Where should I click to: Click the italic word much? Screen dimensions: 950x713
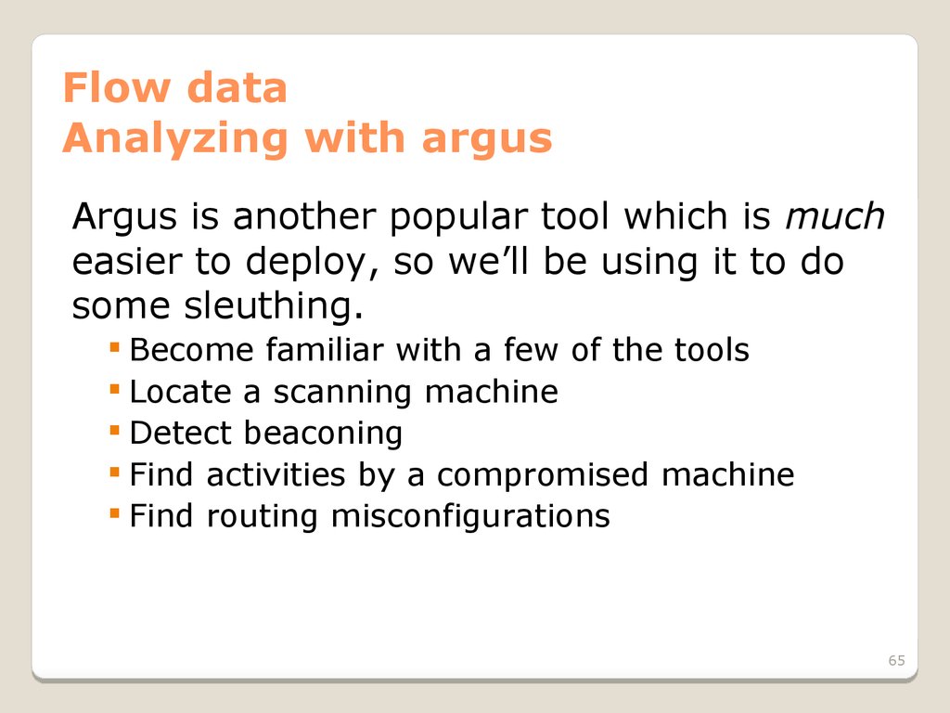point(834,215)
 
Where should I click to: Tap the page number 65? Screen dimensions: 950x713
point(897,660)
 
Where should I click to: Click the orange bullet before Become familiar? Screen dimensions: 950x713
point(114,347)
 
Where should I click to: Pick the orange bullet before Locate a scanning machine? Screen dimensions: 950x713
point(114,389)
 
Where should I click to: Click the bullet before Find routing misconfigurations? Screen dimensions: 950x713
point(114,513)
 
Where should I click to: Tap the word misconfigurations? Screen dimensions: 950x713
point(470,516)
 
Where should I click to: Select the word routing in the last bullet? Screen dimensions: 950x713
point(262,517)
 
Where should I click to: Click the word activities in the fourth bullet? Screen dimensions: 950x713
point(276,474)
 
